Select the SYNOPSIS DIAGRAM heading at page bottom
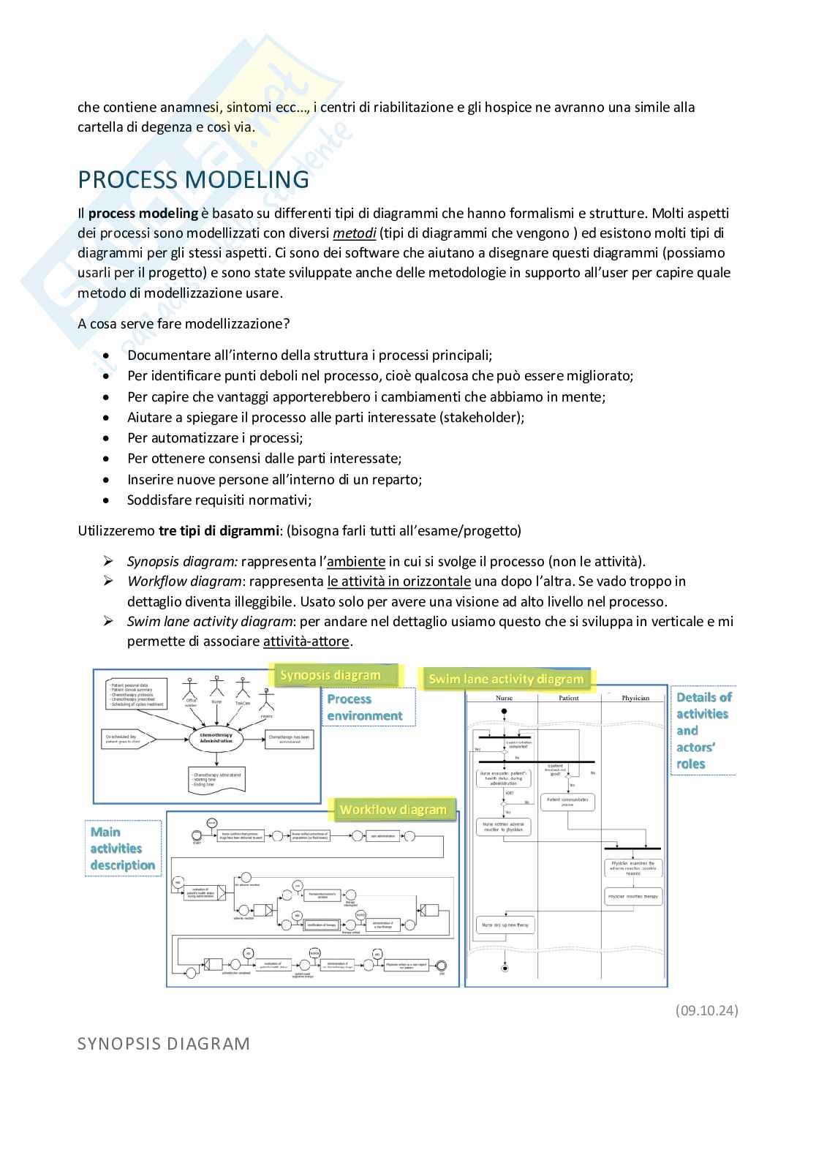164,1043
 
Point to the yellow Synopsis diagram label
330,675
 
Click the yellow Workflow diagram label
393,810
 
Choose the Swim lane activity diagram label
506,679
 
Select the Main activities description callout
123,849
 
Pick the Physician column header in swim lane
635,698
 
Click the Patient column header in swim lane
569,698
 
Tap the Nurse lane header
505,698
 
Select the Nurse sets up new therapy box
505,925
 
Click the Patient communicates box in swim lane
567,802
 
